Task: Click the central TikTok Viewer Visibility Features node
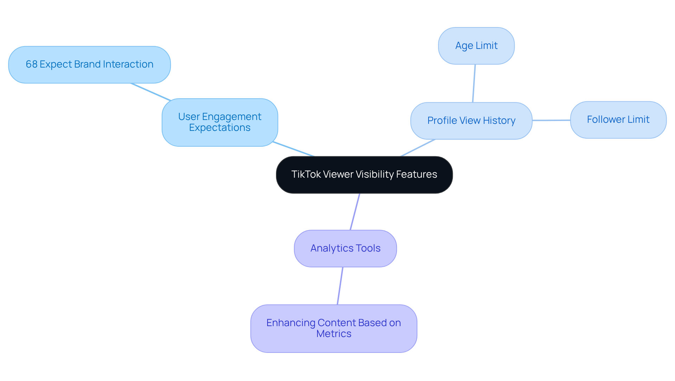point(364,175)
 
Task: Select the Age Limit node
point(476,46)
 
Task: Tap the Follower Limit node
point(618,120)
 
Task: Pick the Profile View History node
point(471,121)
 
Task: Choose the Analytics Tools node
point(345,248)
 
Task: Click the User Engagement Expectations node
point(220,122)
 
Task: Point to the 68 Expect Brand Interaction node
point(89,65)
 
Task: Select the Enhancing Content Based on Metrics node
point(334,328)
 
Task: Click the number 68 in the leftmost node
point(31,64)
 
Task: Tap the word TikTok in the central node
point(306,174)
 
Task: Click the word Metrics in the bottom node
point(334,334)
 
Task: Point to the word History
point(499,121)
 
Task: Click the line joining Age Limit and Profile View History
point(474,83)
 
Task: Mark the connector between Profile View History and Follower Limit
point(551,120)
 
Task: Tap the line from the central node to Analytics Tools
point(355,212)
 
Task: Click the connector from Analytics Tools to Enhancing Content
point(340,286)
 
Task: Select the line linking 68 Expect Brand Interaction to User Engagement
point(150,92)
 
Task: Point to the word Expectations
point(220,128)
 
